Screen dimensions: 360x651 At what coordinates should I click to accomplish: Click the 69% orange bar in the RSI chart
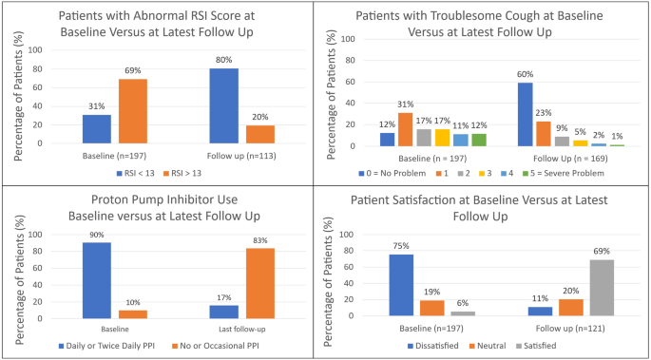[x=134, y=111]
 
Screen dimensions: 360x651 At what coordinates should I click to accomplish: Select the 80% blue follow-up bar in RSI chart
[x=224, y=105]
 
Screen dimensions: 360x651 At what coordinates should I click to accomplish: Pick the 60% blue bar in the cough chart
[x=524, y=114]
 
